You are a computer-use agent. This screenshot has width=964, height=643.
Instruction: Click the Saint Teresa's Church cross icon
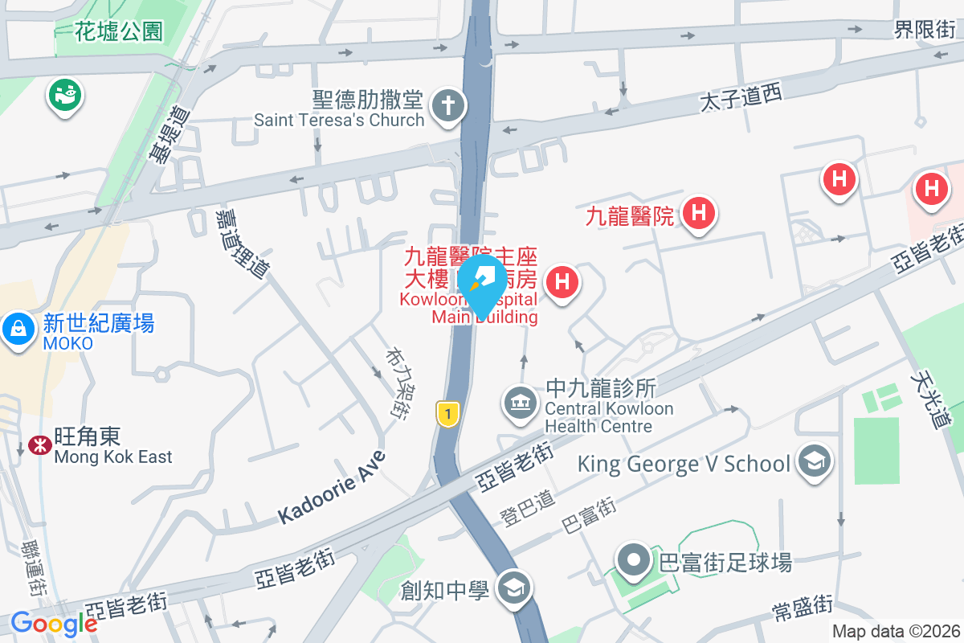(443, 105)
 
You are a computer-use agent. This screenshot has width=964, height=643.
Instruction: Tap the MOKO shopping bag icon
(17, 328)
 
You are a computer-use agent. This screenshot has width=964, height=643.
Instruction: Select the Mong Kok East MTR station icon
(37, 444)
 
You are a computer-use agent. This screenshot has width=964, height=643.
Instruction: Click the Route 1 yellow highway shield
(447, 413)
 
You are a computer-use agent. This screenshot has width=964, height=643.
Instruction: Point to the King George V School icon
(814, 461)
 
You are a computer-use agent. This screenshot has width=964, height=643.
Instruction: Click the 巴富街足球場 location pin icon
(634, 559)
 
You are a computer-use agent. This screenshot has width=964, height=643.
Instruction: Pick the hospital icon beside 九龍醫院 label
(698, 213)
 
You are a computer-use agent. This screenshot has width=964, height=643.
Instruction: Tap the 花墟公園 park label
(119, 31)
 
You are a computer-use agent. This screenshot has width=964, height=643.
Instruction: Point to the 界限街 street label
(925, 30)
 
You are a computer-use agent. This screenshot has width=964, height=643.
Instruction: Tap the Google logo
(54, 624)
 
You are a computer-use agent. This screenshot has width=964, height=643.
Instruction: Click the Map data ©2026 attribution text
(895, 632)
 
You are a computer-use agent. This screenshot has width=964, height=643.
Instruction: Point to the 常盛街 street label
(802, 608)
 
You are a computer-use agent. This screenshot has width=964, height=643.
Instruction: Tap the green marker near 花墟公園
(66, 95)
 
